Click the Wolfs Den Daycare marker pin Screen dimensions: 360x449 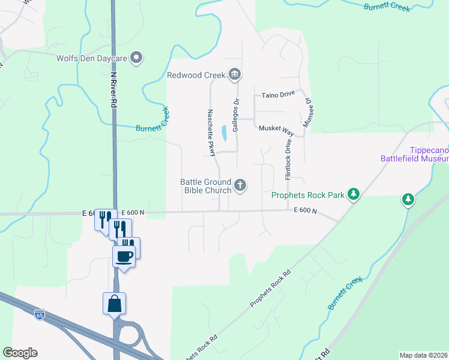pos(137,58)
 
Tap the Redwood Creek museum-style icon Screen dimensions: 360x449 pos(235,75)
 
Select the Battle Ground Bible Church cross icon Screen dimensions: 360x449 pos(240,185)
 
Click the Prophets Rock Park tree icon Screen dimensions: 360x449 pos(354,194)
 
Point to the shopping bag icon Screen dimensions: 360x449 pos(114,303)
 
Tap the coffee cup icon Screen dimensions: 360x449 pos(124,256)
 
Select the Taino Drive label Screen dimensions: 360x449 pos(279,95)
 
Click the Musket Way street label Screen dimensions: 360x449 pos(276,129)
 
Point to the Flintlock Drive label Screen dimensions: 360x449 pos(288,160)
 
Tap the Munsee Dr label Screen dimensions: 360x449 pos(310,113)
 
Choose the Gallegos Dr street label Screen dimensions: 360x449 pos(236,116)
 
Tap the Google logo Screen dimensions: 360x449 pos(20,352)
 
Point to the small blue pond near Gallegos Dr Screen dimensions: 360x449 pos(224,133)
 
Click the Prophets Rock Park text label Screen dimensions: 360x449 pos(308,195)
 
